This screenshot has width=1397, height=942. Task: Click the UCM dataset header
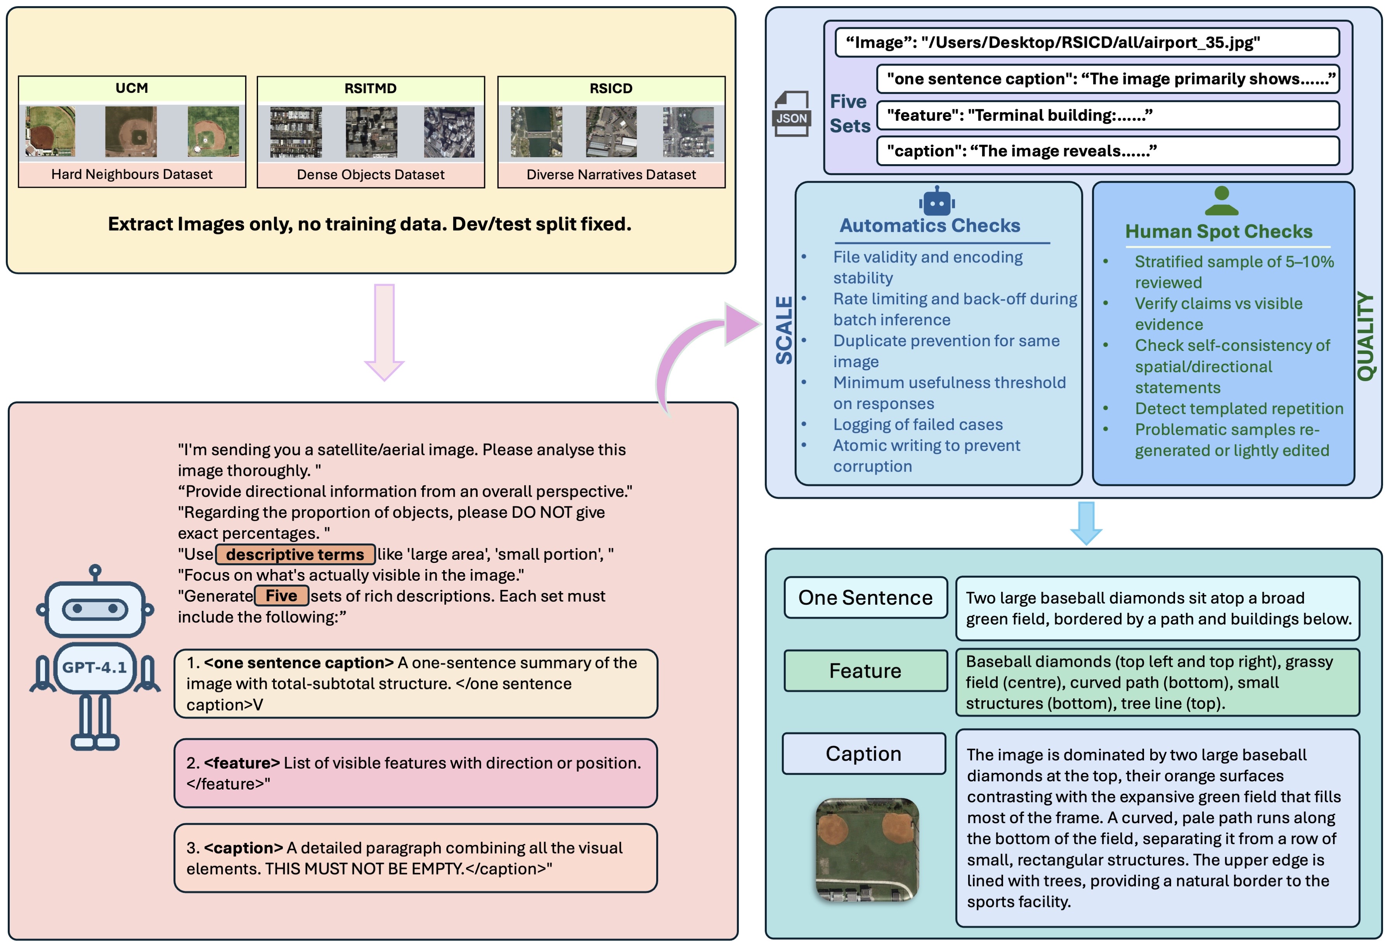[x=132, y=88]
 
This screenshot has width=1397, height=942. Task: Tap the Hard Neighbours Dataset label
[x=132, y=174]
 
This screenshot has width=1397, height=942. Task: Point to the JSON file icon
[x=791, y=114]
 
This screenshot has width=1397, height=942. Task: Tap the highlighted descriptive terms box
[x=295, y=554]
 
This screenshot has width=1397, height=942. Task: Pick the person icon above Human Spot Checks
[x=1221, y=201]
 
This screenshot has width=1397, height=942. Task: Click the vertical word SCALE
[x=784, y=330]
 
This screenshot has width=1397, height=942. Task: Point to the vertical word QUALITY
[x=1365, y=337]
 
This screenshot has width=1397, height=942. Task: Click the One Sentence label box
[x=865, y=598]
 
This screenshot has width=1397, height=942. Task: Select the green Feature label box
[x=865, y=670]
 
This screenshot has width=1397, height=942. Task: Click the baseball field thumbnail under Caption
[x=867, y=850]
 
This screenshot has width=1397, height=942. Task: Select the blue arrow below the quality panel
[x=1086, y=523]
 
